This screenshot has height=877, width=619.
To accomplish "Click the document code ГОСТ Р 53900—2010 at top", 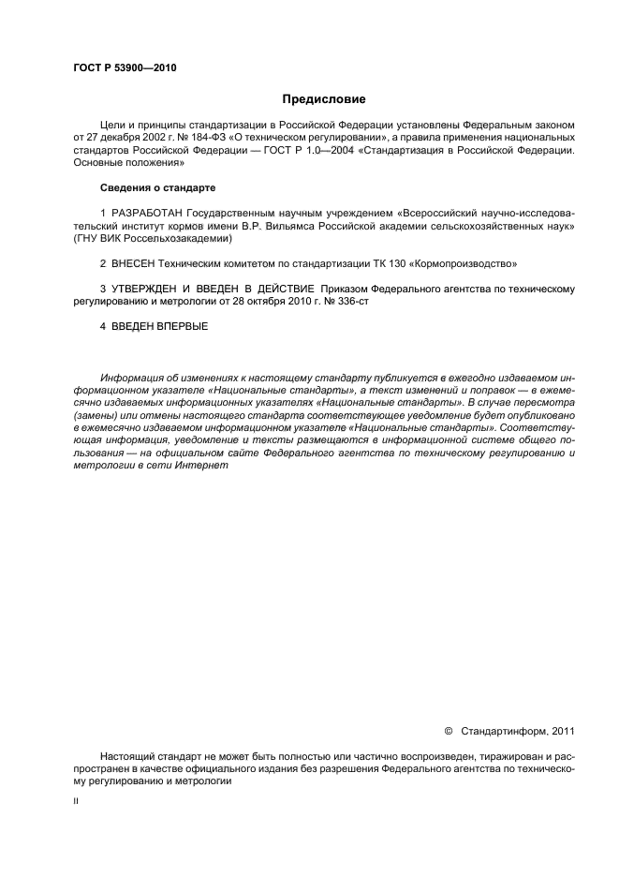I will [x=125, y=68].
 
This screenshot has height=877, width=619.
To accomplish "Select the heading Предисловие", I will [x=324, y=98].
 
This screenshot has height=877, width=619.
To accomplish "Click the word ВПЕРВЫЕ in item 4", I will [x=183, y=326].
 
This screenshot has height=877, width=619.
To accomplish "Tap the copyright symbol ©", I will [x=448, y=731].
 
